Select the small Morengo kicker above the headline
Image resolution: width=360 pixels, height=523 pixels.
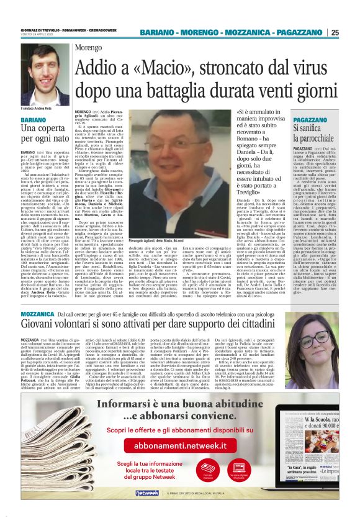click(x=89, y=48)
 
